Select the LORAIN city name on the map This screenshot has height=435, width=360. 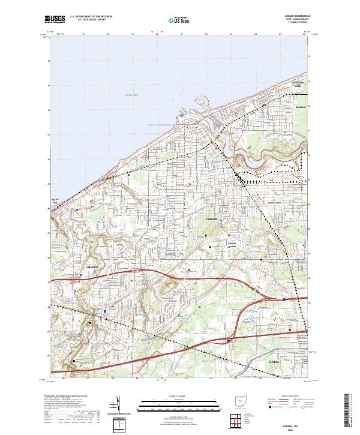tap(212, 220)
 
